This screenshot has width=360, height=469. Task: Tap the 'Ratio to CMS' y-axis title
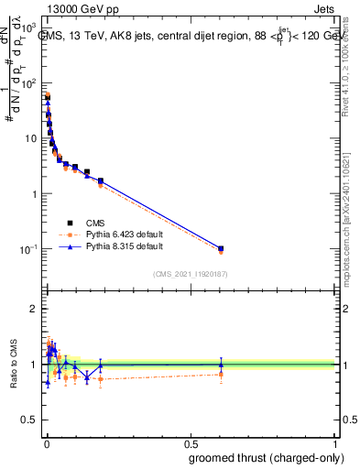(13, 364)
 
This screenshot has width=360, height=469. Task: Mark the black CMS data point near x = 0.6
(221, 248)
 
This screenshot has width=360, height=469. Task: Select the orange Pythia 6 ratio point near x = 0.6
(221, 374)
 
